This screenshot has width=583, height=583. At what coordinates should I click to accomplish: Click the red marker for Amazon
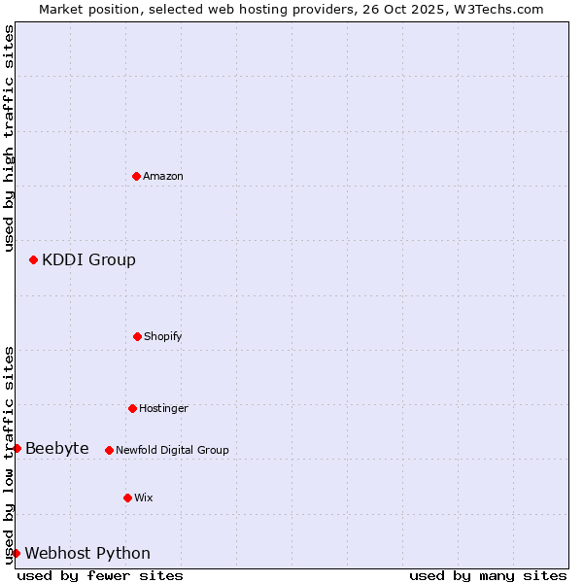(137, 176)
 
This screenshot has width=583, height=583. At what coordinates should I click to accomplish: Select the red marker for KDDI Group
(34, 259)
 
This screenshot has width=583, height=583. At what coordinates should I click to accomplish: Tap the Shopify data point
(138, 336)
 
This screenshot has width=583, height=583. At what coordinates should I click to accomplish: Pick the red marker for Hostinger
(133, 408)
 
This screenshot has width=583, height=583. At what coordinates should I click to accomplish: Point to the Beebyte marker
(17, 448)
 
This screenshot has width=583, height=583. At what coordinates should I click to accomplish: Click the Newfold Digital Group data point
(110, 450)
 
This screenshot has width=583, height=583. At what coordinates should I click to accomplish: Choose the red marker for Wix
(128, 497)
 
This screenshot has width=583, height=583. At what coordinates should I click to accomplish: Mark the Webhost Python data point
(17, 553)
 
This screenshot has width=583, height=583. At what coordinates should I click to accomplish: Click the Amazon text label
(163, 176)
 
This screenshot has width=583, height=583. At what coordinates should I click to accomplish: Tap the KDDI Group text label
(88, 259)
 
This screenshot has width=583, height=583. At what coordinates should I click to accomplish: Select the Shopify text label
(163, 336)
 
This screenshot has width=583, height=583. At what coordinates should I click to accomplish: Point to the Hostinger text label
(163, 408)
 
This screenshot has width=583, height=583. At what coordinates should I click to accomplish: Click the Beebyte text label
(57, 448)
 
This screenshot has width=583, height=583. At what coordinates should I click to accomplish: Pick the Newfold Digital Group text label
(172, 450)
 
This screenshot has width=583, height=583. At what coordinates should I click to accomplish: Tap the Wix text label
(144, 497)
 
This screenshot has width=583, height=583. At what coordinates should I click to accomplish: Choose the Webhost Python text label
(87, 553)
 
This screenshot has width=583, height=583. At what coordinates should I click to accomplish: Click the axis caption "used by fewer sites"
(100, 575)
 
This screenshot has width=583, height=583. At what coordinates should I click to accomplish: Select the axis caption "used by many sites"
(488, 575)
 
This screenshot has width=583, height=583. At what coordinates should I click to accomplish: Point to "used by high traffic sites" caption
(9, 138)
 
